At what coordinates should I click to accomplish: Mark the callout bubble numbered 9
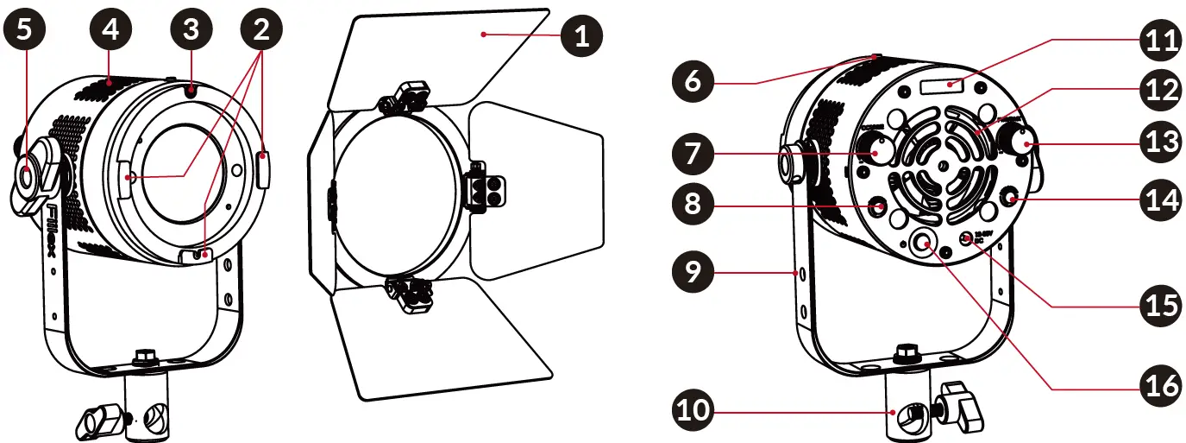[x=694, y=271]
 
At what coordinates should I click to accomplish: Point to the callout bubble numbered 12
[x=1158, y=90]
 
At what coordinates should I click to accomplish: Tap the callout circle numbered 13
[x=1158, y=141]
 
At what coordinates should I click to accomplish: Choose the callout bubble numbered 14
[x=1158, y=199]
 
